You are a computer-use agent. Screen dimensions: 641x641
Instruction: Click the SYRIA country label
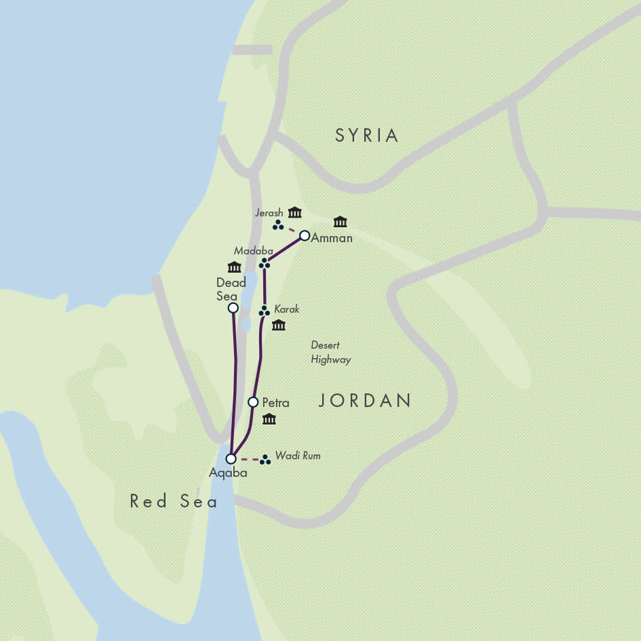366,136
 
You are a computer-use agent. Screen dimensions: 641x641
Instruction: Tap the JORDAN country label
365,401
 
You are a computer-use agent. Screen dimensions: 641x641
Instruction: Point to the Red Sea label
174,501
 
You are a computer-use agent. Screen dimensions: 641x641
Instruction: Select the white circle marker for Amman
305,236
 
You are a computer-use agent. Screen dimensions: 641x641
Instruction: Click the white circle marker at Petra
253,402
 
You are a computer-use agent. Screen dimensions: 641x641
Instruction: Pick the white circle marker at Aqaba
231,459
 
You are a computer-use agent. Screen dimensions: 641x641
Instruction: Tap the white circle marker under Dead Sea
233,308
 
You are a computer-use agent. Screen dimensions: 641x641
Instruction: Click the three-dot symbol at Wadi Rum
265,460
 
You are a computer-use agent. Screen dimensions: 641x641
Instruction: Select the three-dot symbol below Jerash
278,225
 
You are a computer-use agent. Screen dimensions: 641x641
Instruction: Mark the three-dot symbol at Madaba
265,263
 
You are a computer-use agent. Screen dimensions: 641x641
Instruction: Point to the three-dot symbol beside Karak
265,311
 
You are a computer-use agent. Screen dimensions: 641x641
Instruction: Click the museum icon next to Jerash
294,212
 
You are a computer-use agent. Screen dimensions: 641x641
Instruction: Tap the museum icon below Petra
269,419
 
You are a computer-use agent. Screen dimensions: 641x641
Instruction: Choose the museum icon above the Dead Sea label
234,267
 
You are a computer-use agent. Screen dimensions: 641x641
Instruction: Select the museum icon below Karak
278,326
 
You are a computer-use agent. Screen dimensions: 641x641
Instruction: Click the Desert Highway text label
330,353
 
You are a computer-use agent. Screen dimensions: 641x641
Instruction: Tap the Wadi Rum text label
297,456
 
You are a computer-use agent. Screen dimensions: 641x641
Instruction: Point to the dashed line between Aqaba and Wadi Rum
249,460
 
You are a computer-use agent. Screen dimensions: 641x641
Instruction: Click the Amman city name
332,238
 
